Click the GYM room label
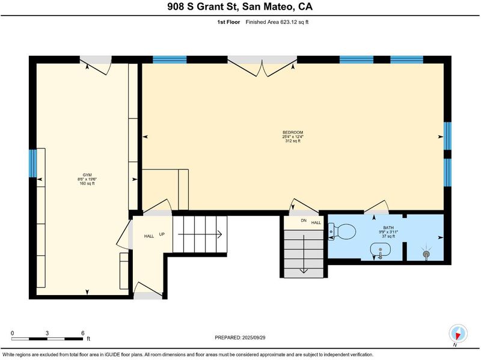point(87,175)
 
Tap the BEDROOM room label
point(293,132)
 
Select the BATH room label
point(388,228)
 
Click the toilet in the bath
point(342,231)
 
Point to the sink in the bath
point(381,250)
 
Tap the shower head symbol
point(426,254)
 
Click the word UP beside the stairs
point(162,234)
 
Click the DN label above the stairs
point(304,221)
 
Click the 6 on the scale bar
point(83,333)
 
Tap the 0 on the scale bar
point(12,333)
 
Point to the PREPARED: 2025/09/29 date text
point(240,338)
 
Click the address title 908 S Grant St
point(203,7)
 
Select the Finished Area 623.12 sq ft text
point(277,22)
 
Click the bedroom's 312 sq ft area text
point(293,141)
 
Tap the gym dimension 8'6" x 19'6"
point(87,179)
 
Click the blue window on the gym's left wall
point(32,163)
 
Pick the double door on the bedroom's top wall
point(262,67)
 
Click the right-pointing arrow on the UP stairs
point(200,234)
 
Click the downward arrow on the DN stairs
point(304,254)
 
